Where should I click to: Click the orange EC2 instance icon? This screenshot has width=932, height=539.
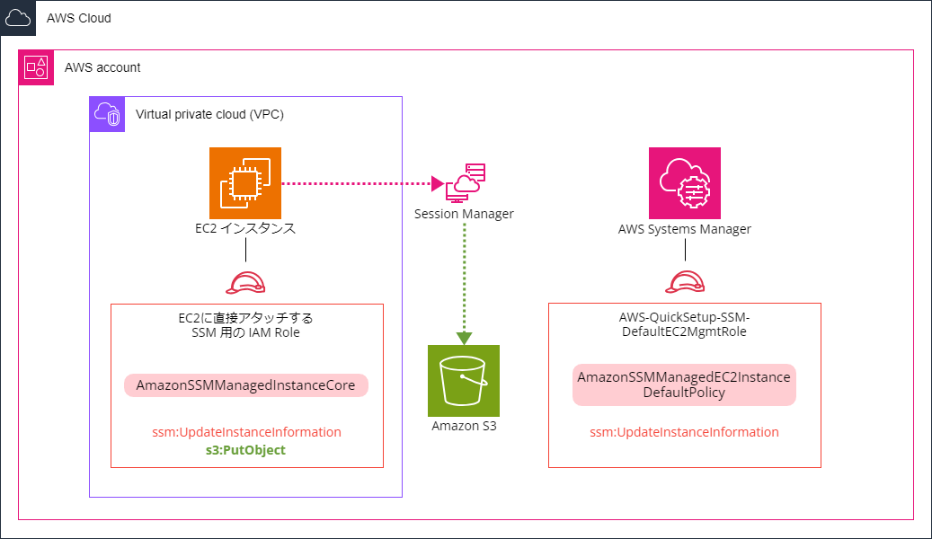[245, 183]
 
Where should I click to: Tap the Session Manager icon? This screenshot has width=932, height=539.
[465, 182]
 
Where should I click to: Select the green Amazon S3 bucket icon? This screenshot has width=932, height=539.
[464, 381]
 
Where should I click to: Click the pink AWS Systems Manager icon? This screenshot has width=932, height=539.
[685, 183]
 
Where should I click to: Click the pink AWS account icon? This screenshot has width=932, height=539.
[37, 67]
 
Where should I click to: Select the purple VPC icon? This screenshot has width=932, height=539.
[108, 114]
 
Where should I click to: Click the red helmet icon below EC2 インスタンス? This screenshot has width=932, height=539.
[245, 284]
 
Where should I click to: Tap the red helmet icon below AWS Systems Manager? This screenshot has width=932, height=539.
[685, 284]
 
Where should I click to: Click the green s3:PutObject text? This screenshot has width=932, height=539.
[246, 450]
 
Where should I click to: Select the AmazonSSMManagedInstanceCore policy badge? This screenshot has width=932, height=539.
[246, 385]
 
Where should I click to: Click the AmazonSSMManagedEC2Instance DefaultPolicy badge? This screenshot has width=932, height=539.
[685, 385]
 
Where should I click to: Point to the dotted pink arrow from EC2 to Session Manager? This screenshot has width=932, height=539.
[359, 183]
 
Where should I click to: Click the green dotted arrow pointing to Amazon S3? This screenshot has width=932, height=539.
[465, 278]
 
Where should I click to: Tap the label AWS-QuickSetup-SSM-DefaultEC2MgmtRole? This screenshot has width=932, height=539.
[685, 324]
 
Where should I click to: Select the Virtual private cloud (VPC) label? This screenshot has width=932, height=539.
[209, 114]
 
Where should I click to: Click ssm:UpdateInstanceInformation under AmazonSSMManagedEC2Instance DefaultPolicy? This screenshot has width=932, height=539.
[685, 432]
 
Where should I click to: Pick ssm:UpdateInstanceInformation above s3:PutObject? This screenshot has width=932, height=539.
[246, 432]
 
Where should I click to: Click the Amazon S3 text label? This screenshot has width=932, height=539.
[464, 426]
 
